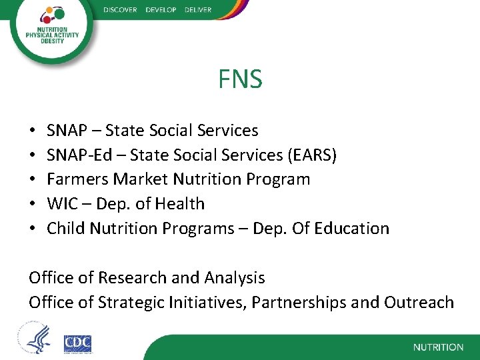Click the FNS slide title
(240, 80)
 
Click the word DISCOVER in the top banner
(120, 10)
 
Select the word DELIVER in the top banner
(196, 10)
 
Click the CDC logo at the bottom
(77, 343)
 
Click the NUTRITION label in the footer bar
(438, 347)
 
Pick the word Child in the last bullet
(65, 229)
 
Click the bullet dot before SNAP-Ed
(32, 155)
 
